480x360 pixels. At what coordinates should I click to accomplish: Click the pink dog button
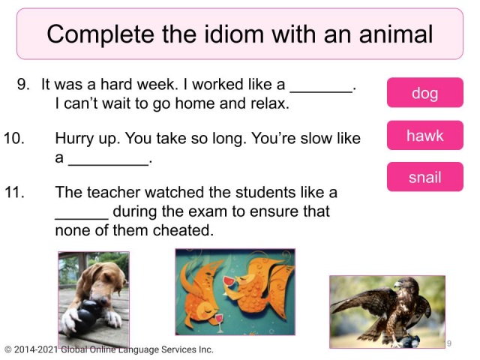[x=424, y=93]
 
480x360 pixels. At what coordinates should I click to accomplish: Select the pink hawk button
[x=424, y=136]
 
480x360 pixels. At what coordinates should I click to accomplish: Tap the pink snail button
[x=424, y=178]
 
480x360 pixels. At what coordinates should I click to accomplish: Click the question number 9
[x=23, y=85]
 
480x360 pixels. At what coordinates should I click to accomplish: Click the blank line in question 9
[x=320, y=89]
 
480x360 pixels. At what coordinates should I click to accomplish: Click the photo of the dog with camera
[x=94, y=295]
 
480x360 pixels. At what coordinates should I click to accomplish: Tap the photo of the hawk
[x=387, y=310]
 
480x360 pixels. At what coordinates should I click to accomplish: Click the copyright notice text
[x=109, y=349]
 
